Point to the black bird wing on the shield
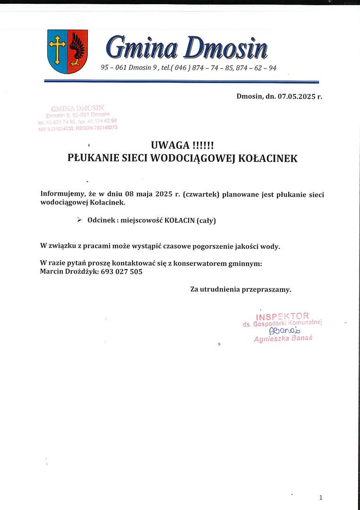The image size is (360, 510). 78,48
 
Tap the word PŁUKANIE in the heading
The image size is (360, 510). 91,159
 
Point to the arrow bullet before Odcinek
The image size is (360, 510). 79,220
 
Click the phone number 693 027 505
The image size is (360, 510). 122,272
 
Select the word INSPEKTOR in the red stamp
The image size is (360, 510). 283,316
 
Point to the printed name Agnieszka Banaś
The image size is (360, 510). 283,339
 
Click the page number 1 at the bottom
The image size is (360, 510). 321,497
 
